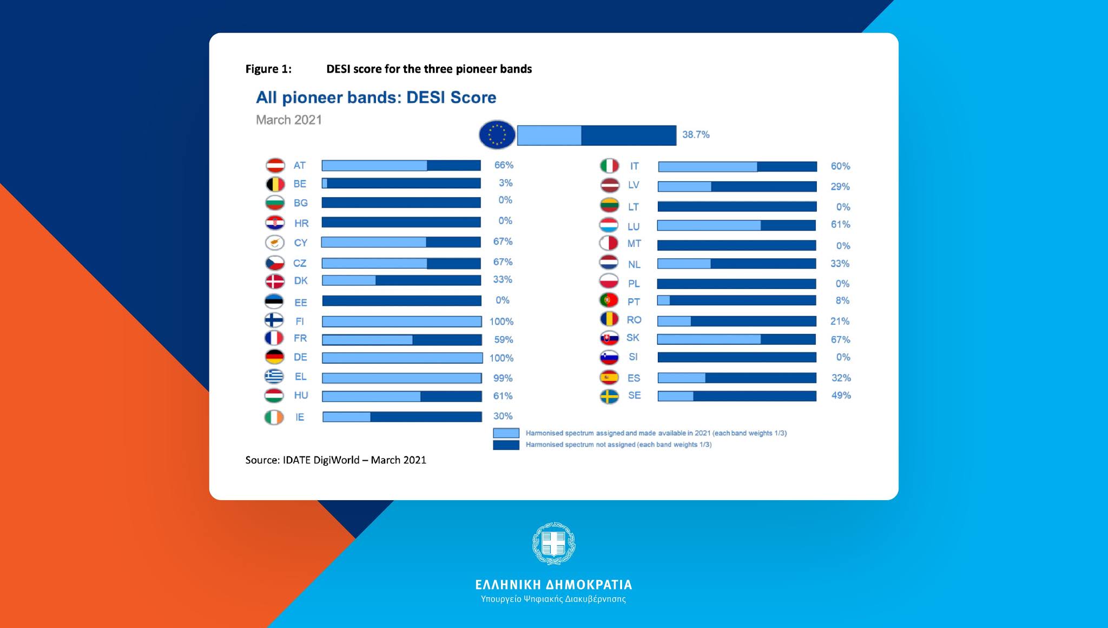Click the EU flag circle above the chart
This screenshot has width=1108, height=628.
click(497, 134)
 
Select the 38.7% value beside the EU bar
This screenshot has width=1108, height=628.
click(695, 135)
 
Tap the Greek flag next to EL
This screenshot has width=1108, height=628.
click(274, 376)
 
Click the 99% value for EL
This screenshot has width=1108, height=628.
click(503, 378)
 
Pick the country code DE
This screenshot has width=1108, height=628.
click(300, 357)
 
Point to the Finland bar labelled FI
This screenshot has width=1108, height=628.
click(401, 322)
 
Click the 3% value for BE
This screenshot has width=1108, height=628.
click(505, 183)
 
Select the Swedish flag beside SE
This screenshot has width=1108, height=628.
click(610, 396)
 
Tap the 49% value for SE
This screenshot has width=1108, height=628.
click(841, 396)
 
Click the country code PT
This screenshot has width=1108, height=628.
click(634, 302)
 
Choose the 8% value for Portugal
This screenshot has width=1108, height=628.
click(842, 300)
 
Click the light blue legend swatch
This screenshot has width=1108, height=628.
click(506, 433)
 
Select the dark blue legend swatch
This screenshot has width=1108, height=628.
click(506, 445)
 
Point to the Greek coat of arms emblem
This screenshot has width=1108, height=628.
click(553, 544)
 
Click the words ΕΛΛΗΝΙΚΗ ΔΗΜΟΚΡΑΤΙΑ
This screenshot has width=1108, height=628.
click(553, 585)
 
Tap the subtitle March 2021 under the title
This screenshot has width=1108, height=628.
click(289, 120)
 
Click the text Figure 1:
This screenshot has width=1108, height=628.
click(268, 69)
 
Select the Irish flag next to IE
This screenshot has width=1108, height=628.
click(274, 417)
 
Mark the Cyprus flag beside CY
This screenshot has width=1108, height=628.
click(275, 243)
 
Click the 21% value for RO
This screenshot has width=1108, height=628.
click(840, 321)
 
